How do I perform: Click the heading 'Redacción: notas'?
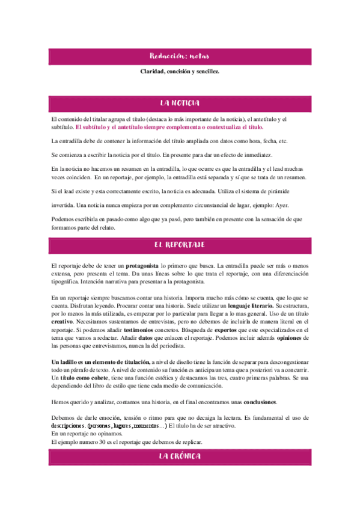(x=180, y=57)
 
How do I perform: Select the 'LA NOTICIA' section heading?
(x=180, y=103)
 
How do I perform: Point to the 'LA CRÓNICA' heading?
(x=180, y=457)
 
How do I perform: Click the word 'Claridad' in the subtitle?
(x=153, y=72)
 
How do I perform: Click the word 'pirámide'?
(x=294, y=191)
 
